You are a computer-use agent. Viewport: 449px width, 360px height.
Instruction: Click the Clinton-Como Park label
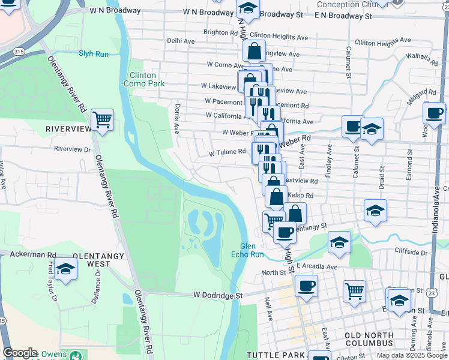pos(147,80)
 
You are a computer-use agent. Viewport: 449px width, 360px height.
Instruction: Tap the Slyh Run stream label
pos(93,53)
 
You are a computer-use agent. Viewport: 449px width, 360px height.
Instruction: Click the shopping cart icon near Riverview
pos(103,120)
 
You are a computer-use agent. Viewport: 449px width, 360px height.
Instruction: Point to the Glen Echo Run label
pos(248,250)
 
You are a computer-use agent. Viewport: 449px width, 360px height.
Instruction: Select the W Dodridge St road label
pos(217,295)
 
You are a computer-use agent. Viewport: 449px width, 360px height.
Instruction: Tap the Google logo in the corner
pos(20,353)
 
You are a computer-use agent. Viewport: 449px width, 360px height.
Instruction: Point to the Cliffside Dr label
pos(410,252)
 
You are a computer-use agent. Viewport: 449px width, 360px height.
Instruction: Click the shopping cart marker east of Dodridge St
pos(355,291)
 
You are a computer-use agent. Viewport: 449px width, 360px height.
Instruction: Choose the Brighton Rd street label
pos(220,32)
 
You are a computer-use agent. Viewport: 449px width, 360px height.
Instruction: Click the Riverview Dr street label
pos(71,149)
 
